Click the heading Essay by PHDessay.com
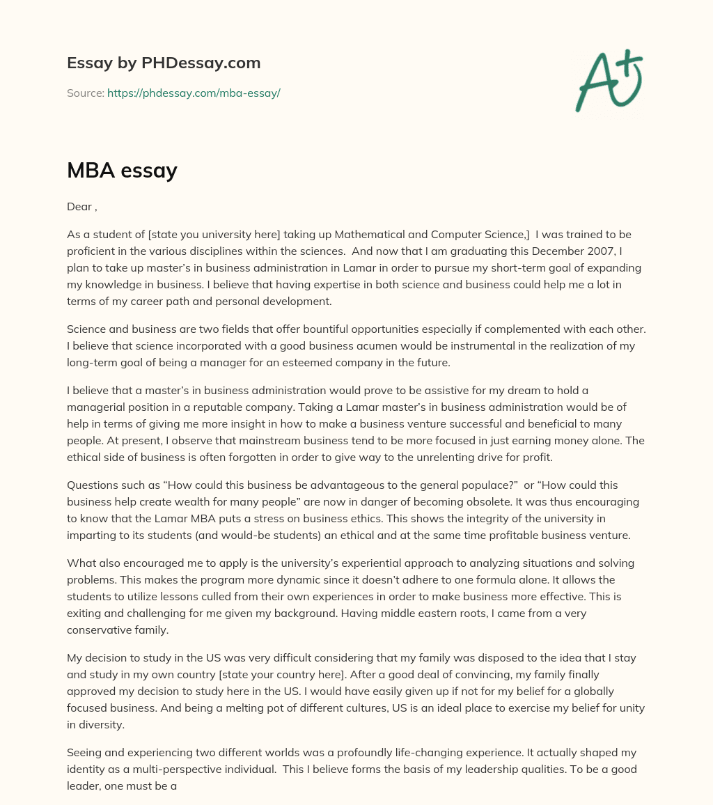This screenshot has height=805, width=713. pos(164,63)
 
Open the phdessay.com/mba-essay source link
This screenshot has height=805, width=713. pos(194,93)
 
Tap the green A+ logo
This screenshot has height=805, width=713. pos(608,80)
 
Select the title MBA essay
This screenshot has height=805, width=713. pos(122,170)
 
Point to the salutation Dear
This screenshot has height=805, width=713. pos(79,207)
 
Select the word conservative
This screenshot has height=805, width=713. pos(99,629)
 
